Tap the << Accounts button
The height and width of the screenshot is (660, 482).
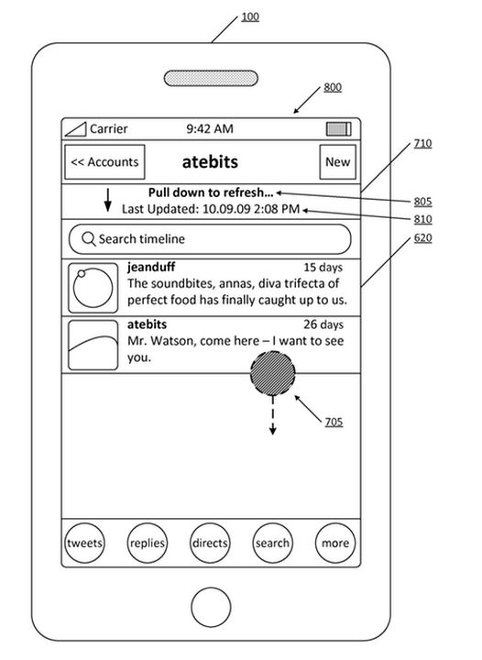(x=104, y=162)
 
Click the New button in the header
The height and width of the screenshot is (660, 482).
(x=338, y=162)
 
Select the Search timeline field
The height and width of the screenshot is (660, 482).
(x=210, y=239)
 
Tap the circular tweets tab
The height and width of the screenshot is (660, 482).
(x=84, y=543)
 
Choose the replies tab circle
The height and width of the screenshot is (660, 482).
(x=148, y=543)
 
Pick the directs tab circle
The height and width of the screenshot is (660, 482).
(x=210, y=543)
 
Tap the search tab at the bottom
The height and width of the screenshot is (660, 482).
(x=272, y=543)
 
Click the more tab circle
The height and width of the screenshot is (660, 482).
(x=335, y=543)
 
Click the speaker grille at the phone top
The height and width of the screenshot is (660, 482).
(x=211, y=78)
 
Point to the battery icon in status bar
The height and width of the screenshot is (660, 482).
(x=338, y=129)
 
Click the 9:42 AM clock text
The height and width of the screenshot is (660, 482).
(x=210, y=129)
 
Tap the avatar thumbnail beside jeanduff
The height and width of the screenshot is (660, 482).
(x=93, y=288)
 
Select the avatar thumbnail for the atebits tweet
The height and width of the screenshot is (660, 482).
(x=93, y=346)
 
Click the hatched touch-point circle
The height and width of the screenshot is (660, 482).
(x=272, y=373)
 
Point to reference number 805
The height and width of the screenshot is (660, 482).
(x=422, y=202)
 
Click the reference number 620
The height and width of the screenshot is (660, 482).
(x=422, y=237)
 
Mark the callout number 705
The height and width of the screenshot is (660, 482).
(x=334, y=422)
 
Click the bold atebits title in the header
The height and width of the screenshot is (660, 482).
(x=210, y=162)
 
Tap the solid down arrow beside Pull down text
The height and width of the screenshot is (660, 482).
(x=108, y=200)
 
